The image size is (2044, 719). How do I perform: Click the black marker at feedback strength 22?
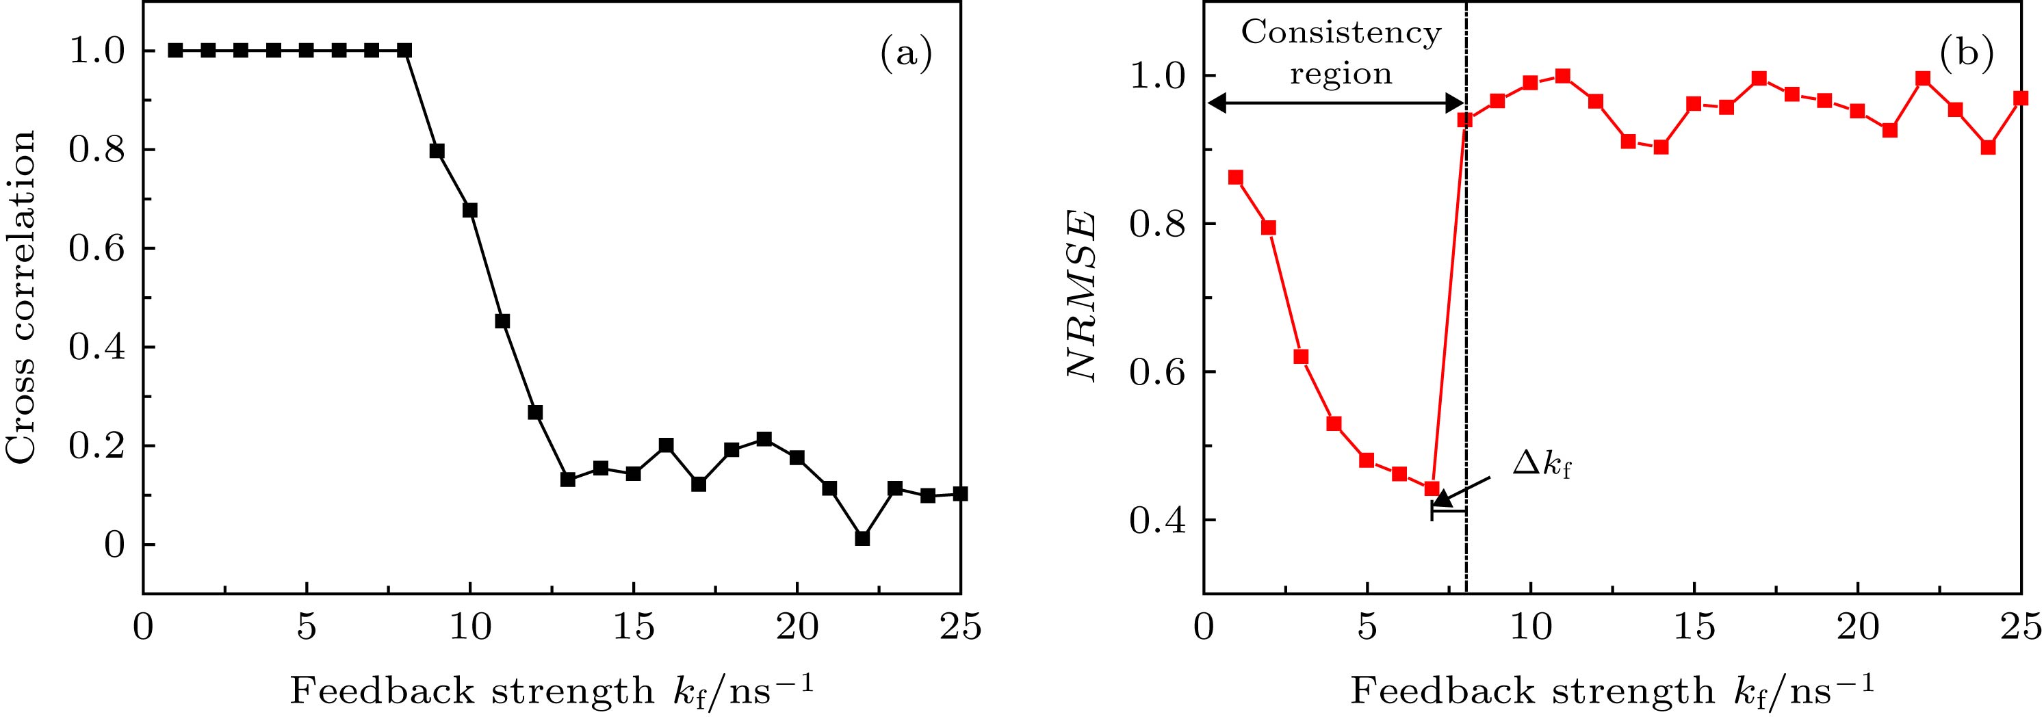[x=862, y=538]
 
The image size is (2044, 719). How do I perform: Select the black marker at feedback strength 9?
[x=437, y=151]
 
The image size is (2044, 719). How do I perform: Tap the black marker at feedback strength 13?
[x=567, y=480]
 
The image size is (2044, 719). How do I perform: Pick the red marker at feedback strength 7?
[x=1432, y=488]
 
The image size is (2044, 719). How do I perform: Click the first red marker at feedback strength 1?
[x=1235, y=177]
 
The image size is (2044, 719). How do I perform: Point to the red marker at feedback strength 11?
[x=1563, y=76]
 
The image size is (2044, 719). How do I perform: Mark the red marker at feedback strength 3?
[x=1301, y=356]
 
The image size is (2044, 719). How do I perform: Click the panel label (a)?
[x=905, y=55]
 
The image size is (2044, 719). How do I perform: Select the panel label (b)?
[x=1966, y=55]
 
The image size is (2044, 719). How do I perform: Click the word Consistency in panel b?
[x=1340, y=34]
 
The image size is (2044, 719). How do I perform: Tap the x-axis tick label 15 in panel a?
[x=633, y=628]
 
